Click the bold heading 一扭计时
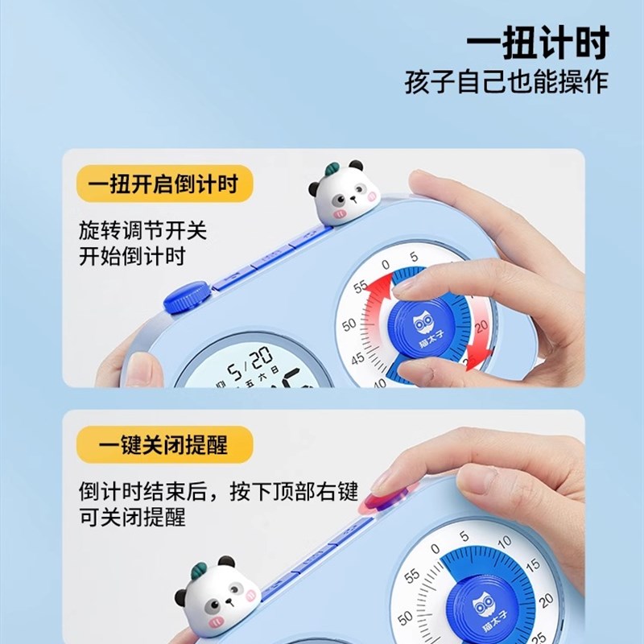click(x=537, y=43)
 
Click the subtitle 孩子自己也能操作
click(x=506, y=83)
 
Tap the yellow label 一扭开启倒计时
click(x=164, y=184)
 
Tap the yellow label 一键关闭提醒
click(x=164, y=443)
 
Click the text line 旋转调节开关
click(x=142, y=231)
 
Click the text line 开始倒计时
click(x=132, y=257)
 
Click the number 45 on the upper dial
click(x=357, y=359)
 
